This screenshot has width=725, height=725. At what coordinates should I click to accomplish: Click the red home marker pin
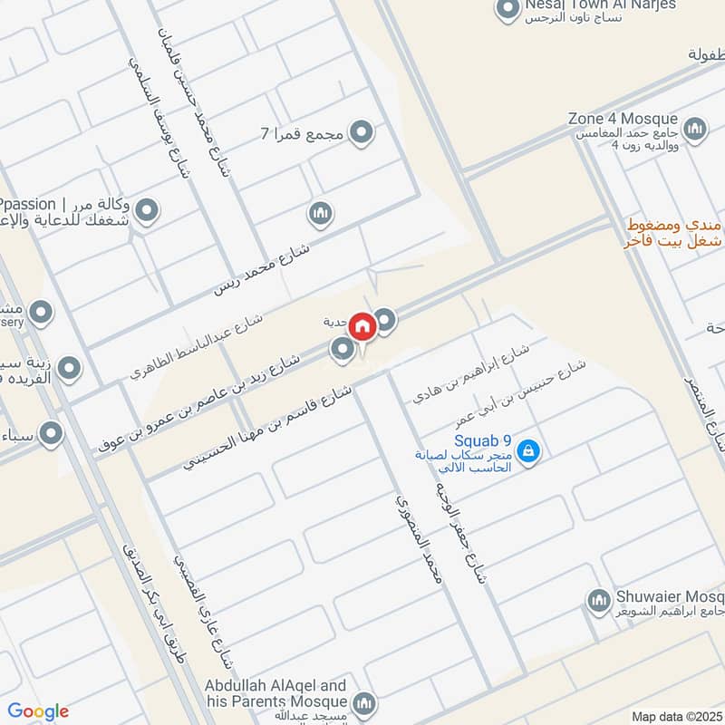(362, 326)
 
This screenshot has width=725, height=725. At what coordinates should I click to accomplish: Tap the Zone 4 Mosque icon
(695, 130)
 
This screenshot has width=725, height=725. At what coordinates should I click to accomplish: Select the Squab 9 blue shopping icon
(529, 450)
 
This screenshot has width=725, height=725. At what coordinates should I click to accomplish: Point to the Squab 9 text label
(483, 441)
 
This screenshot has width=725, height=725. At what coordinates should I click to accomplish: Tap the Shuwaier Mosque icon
(597, 600)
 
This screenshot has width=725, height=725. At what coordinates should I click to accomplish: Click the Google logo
(39, 712)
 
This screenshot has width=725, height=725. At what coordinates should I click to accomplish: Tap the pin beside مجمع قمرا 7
(362, 134)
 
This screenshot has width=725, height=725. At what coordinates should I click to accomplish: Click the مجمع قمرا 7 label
(302, 135)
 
